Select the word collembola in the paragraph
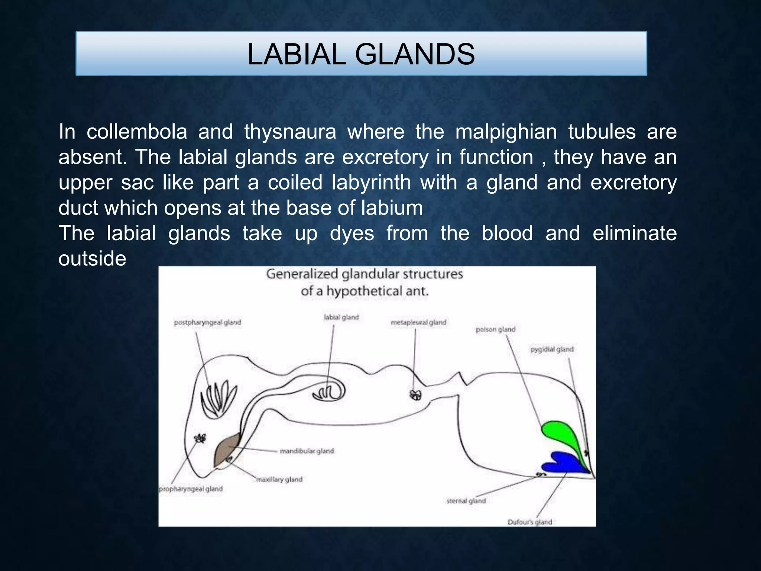click(137, 132)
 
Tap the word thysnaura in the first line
click(290, 132)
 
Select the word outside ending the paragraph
click(92, 259)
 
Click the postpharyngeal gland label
click(207, 322)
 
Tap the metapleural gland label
click(418, 322)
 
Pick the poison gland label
click(495, 329)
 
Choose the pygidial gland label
click(552, 349)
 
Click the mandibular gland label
click(307, 451)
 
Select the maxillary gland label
click(279, 480)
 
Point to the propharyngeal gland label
click(191, 489)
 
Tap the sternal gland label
click(466, 501)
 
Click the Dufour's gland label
click(530, 522)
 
